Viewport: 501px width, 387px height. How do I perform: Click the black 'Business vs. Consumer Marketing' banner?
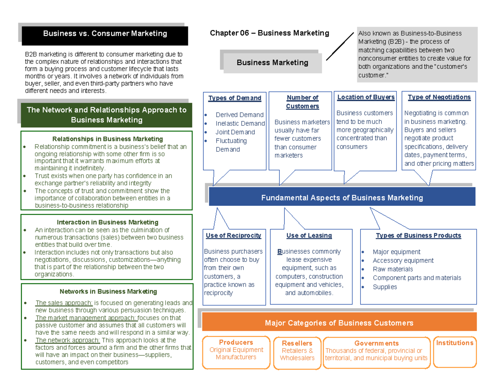pos(105,34)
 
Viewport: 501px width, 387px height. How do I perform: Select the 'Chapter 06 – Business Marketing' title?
pos(269,33)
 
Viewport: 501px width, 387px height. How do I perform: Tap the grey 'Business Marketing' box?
pos(272,63)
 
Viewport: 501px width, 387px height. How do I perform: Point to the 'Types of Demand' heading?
pos(235,98)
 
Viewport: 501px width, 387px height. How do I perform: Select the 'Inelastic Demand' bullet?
pos(240,123)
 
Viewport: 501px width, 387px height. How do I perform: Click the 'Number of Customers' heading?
pos(302,102)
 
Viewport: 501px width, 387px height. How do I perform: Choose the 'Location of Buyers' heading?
pos(366,97)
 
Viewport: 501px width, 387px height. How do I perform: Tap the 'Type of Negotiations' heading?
pos(439,97)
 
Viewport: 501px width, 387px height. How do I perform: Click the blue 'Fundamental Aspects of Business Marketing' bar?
pos(342,197)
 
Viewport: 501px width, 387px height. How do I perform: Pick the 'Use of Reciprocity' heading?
pos(233,235)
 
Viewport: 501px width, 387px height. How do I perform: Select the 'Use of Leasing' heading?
pos(309,235)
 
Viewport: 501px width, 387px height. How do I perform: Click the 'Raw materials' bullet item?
pos(392,269)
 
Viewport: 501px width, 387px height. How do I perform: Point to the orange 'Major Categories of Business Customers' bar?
pos(339,323)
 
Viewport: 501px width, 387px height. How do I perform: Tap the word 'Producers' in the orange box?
pos(236,342)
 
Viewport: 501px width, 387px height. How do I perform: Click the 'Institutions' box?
pos(454,343)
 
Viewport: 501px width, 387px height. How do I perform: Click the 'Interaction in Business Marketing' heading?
pos(107,222)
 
